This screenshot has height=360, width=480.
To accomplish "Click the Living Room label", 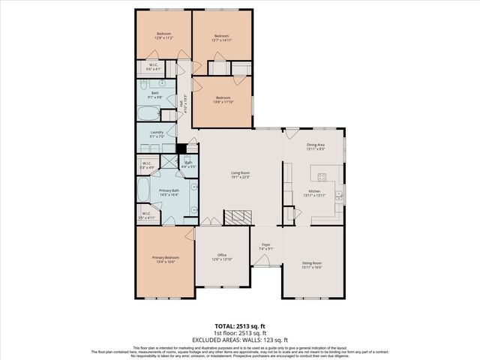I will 240,174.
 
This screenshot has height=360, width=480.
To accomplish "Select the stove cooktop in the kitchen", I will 324,178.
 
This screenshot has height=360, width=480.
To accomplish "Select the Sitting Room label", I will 312,264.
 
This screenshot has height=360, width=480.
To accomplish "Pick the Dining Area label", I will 316,145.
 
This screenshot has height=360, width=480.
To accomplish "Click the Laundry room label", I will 156,133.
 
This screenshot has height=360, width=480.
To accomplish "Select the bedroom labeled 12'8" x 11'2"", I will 164,35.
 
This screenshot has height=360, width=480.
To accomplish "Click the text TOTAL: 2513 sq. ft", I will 240,327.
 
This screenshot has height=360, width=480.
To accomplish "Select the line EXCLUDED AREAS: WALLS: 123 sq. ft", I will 240,340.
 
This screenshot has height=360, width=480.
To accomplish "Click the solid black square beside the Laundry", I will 181,148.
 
